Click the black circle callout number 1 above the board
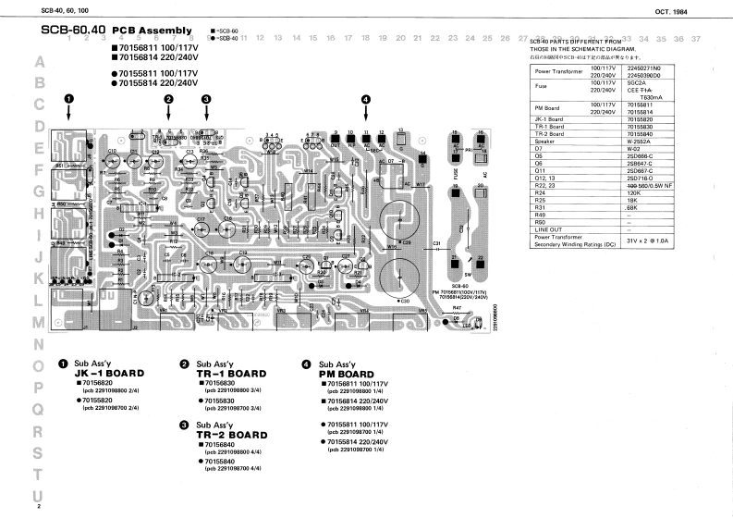point(68,99)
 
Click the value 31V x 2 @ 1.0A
point(650,240)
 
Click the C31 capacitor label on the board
point(435,244)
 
